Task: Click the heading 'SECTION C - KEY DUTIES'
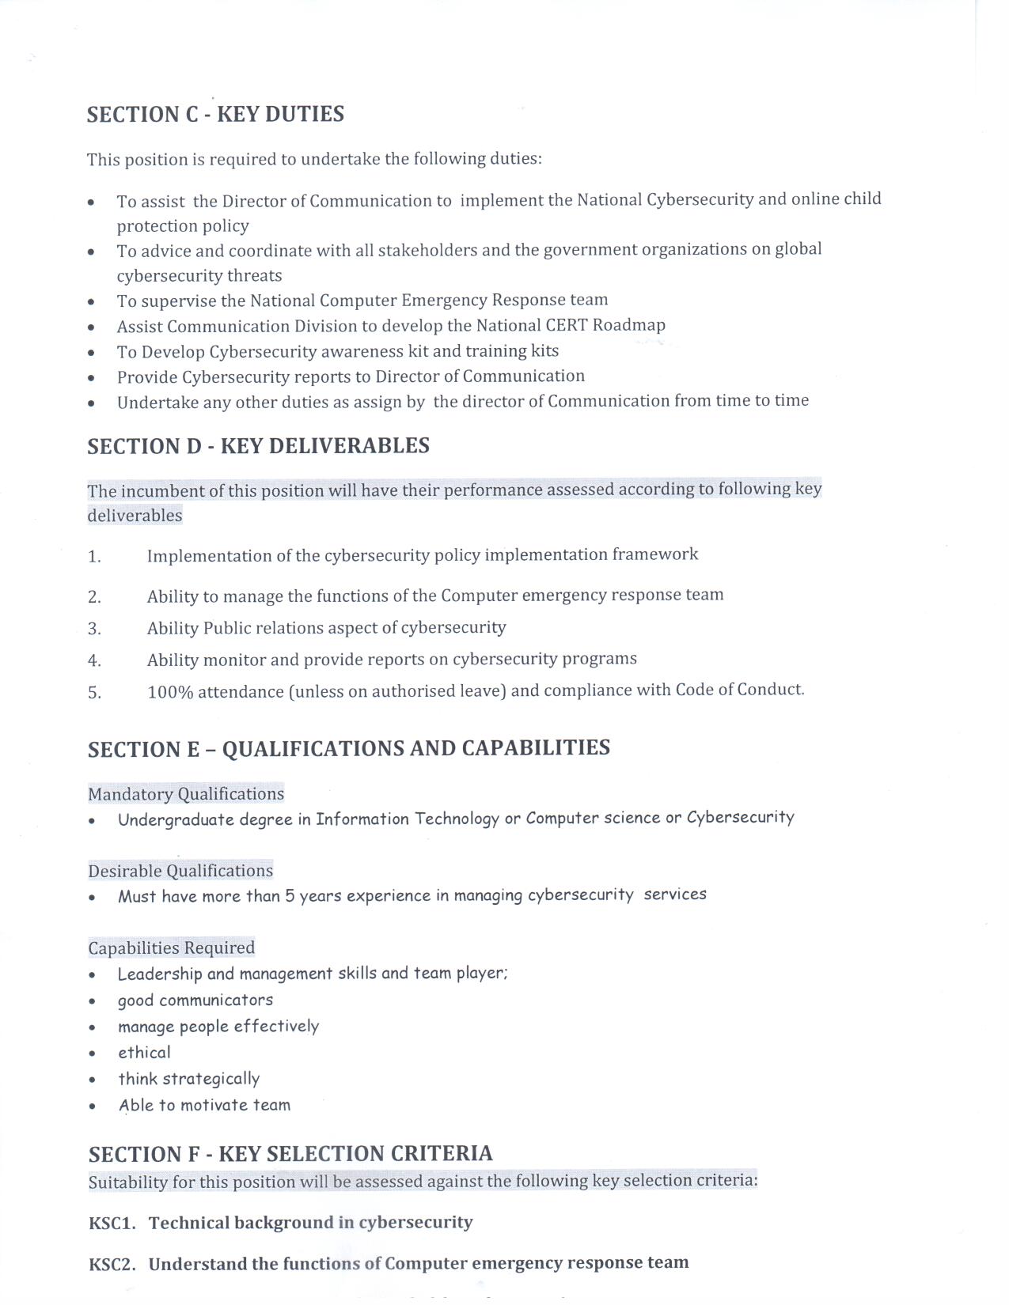(215, 115)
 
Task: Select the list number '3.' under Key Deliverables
(94, 629)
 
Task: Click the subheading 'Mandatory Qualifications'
(186, 794)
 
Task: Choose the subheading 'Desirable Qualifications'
(180, 871)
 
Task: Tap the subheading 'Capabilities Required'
(171, 948)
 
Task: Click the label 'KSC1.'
(112, 1224)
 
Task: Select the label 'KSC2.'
(112, 1264)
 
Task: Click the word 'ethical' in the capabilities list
(144, 1053)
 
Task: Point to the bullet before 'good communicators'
(93, 1002)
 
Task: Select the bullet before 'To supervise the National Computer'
(93, 302)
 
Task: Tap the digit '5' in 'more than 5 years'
(290, 896)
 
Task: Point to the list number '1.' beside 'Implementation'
(94, 557)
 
